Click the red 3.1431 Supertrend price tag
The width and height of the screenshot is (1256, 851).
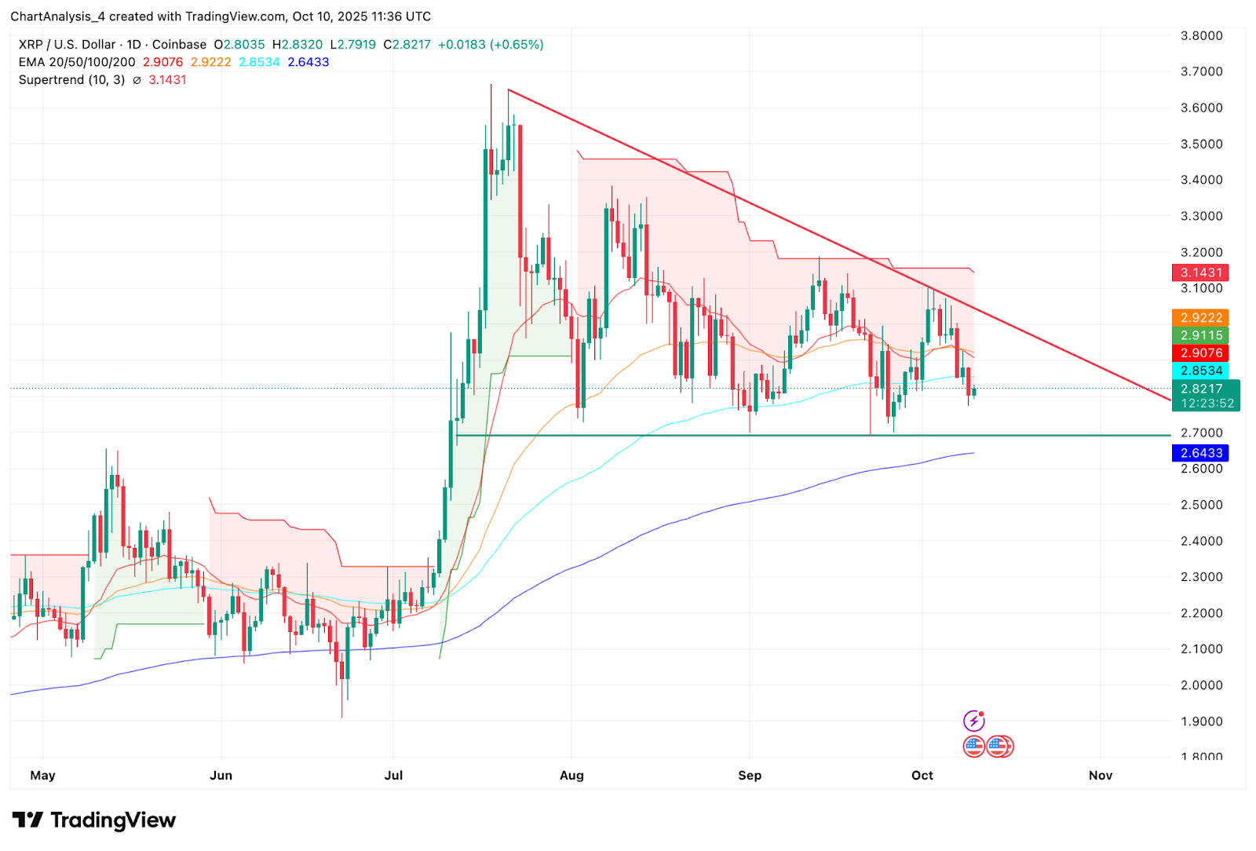point(1200,272)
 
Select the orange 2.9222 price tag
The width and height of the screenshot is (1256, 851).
point(1200,318)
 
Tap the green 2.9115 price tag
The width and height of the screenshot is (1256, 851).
point(1200,335)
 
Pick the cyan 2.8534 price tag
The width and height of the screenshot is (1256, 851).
point(1200,371)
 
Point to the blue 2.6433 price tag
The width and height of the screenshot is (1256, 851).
point(1200,453)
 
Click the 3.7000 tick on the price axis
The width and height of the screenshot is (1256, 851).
point(1201,71)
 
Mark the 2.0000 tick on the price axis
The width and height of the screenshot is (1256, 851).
point(1201,685)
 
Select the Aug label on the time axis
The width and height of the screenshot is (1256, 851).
point(571,776)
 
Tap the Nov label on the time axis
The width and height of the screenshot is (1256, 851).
point(1101,776)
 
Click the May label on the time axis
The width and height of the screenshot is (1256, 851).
point(42,776)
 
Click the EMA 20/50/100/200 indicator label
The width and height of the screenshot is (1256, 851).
point(77,62)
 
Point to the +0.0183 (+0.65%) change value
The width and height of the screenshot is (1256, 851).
point(491,45)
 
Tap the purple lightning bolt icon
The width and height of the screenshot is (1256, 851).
point(973,721)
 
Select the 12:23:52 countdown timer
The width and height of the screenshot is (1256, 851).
point(1207,404)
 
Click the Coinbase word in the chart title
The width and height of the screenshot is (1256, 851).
point(179,45)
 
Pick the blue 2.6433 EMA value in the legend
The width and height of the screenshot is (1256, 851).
point(309,62)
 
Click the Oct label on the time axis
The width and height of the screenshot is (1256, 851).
point(922,776)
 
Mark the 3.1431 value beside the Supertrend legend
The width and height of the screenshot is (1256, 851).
point(167,80)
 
